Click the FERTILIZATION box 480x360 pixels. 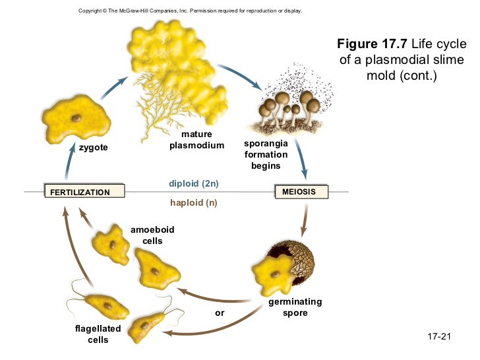tap(83, 192)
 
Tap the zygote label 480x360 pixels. tap(93, 148)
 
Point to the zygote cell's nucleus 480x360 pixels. tap(78, 119)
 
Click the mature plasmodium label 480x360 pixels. tap(196, 140)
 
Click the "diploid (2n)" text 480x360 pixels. tap(193, 183)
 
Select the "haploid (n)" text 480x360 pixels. tap(193, 202)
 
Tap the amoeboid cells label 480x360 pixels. tap(152, 235)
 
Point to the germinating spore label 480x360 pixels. tap(295, 307)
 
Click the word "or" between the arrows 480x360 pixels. tap(220, 313)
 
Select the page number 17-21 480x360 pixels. tap(438, 337)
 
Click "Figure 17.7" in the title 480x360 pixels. tap(372, 44)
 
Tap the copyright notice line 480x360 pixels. tap(189, 11)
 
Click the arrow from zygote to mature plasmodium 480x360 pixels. tap(116, 84)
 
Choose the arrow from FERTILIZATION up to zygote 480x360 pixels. tap(72, 165)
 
